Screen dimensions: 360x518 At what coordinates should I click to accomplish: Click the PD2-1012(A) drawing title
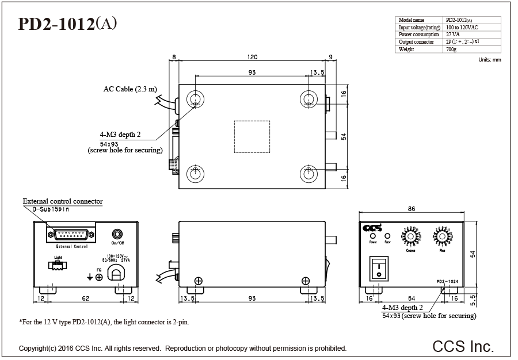point(68,24)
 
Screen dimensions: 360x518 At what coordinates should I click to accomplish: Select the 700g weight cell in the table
point(451,49)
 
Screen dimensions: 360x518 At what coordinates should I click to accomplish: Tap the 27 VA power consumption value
point(452,35)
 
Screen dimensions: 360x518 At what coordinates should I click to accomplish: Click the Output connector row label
point(416,42)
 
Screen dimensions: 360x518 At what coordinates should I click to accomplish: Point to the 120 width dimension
point(252,57)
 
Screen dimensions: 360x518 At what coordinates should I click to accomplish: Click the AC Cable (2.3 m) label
point(130,89)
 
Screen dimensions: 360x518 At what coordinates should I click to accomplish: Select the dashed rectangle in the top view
point(251,136)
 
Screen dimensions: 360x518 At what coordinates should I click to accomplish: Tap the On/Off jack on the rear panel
point(118,234)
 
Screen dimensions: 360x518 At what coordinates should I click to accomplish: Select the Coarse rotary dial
point(410,236)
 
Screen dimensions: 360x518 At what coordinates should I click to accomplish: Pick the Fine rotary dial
point(442,236)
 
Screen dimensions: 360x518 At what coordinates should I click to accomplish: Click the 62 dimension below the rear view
point(86,298)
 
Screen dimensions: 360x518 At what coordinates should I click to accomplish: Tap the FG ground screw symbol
point(99,277)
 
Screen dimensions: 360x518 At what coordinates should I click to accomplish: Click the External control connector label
point(63,201)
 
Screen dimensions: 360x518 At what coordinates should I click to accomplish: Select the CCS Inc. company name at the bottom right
point(463,346)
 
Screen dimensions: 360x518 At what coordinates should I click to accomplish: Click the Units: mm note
point(490,60)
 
